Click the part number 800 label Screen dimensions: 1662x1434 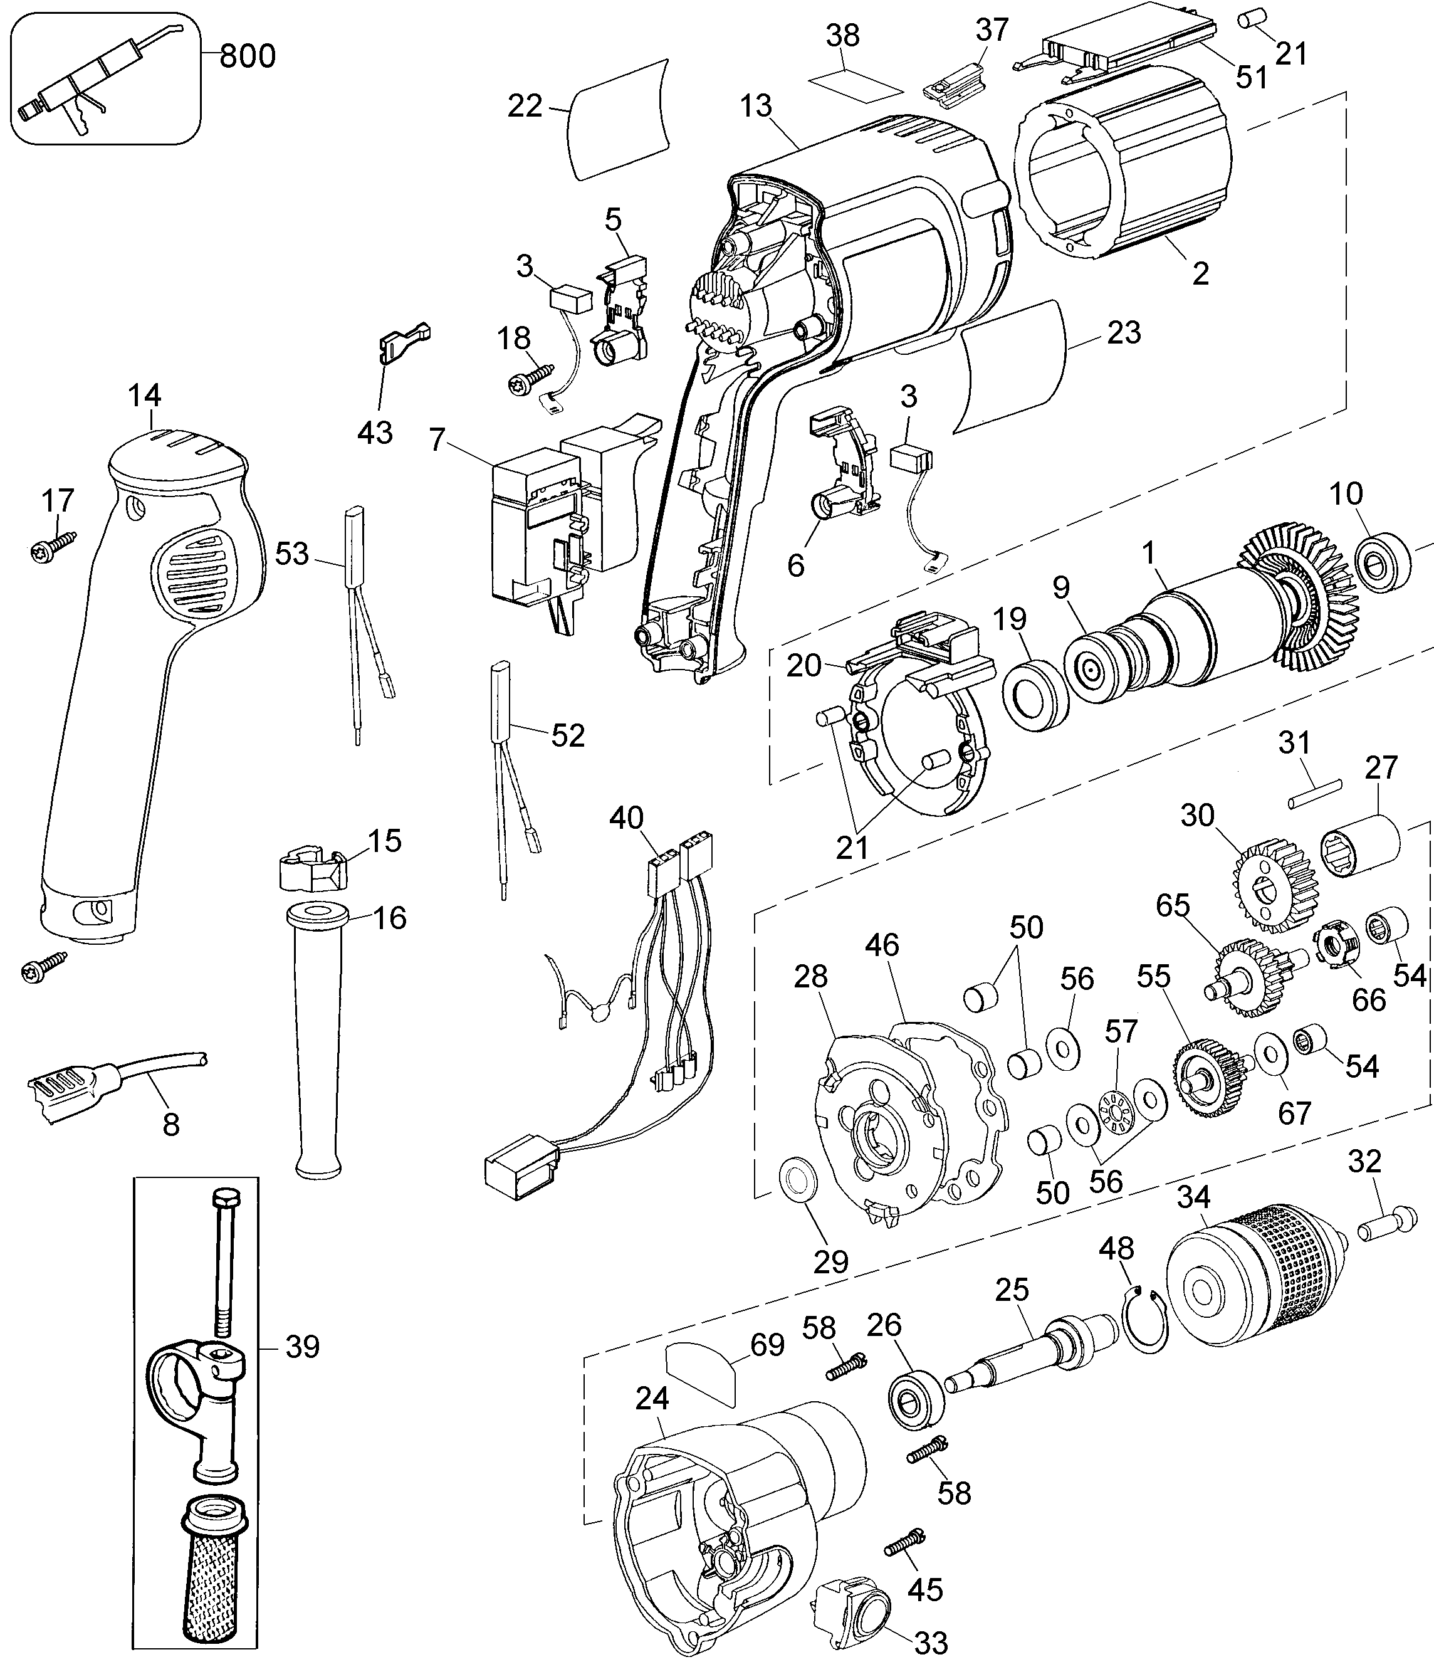[x=247, y=56]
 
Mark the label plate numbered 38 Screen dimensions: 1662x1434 [x=854, y=83]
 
